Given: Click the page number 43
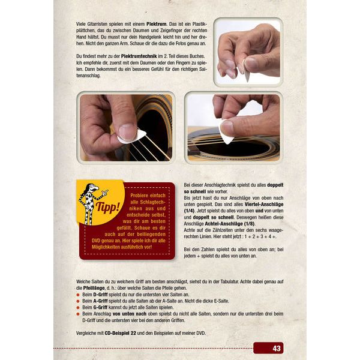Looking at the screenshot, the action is (277, 348).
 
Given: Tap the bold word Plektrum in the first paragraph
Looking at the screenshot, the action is (157, 24).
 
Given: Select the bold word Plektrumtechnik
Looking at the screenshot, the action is (139, 56).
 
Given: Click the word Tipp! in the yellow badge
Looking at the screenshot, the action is (108, 208).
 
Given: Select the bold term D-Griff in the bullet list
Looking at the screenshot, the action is (100, 295).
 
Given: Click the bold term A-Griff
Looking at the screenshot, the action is (100, 301).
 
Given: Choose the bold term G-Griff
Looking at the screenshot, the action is (100, 307).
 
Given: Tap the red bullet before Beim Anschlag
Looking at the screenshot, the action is (78, 314).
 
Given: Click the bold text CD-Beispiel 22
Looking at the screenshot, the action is (121, 333).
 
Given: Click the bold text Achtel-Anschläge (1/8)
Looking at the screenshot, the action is (230, 224).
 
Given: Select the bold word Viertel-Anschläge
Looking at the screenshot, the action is (264, 204).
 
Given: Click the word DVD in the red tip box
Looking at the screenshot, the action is (96, 241).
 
